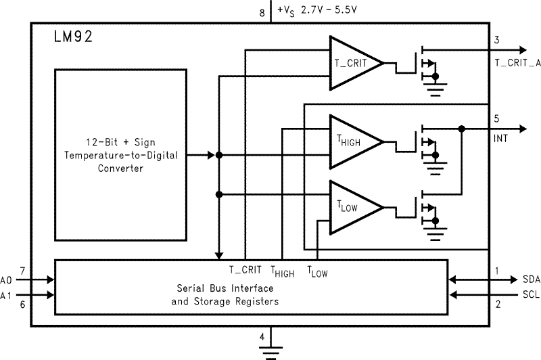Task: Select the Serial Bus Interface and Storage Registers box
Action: (250, 286)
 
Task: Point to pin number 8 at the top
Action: (262, 11)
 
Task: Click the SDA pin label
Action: (531, 279)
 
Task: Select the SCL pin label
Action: (531, 294)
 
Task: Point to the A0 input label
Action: (7, 279)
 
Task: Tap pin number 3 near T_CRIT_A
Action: (497, 40)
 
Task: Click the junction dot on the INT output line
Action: (461, 129)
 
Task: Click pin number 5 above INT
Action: (497, 118)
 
